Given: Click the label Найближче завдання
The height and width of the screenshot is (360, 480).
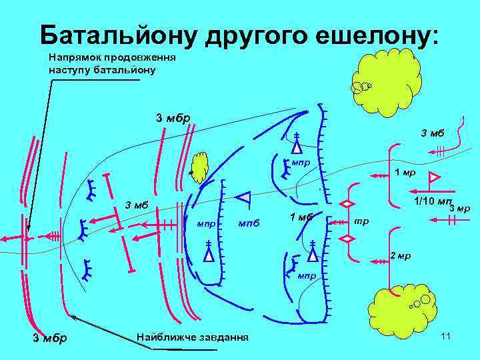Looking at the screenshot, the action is (x=192, y=337).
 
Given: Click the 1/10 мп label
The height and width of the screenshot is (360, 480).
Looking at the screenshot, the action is (x=433, y=201).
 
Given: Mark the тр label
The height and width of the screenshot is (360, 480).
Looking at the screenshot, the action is (x=360, y=221).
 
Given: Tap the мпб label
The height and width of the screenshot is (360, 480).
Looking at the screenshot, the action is (x=249, y=222).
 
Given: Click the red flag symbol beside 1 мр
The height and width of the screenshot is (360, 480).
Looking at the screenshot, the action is (x=433, y=177).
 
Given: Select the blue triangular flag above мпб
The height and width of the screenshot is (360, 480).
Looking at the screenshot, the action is (x=244, y=197).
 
